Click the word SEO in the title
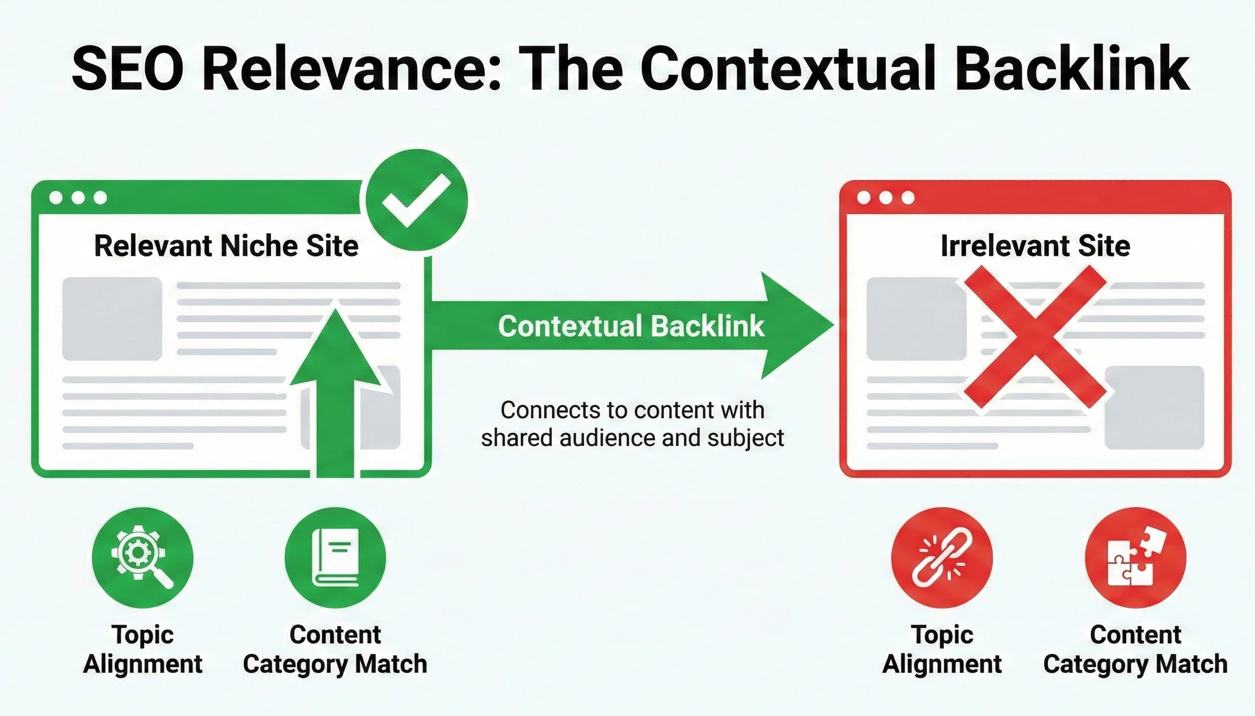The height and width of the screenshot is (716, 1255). tap(127, 69)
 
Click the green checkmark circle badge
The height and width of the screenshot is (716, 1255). tap(416, 200)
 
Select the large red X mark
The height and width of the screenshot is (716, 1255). tap(1035, 337)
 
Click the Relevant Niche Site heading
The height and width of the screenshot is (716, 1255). tap(226, 246)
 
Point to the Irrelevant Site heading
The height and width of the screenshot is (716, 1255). tap(1035, 246)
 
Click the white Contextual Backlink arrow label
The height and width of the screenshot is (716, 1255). tap(631, 326)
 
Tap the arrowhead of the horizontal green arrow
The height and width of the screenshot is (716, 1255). tap(797, 325)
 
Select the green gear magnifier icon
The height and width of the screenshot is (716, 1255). tap(142, 557)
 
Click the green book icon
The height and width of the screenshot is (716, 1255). tap(335, 557)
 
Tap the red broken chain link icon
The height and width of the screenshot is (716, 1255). tap(942, 557)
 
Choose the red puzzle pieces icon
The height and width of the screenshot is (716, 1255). tap(1135, 557)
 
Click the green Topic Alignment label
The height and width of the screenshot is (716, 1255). tap(142, 649)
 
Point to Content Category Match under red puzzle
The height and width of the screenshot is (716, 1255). tap(1135, 649)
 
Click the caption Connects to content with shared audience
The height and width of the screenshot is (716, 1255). tap(632, 424)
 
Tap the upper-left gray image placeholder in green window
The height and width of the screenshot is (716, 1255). tap(112, 319)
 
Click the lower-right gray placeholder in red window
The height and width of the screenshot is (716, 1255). tap(1154, 408)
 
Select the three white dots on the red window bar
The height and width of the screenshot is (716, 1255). tap(886, 198)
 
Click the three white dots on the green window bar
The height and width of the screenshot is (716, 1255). tap(78, 198)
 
